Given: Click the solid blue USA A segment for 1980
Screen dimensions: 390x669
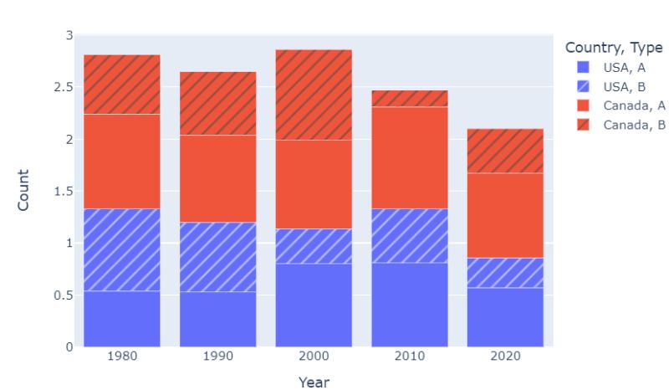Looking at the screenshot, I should [122, 318].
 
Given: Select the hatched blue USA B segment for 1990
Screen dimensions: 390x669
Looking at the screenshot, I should [217, 257].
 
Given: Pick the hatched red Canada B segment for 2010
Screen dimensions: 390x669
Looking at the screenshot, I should [410, 99].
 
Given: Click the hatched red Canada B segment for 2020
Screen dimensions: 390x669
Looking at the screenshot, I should [505, 151].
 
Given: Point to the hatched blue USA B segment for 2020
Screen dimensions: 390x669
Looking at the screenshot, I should [505, 273].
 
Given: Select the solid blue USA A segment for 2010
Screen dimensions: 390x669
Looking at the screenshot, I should [410, 305].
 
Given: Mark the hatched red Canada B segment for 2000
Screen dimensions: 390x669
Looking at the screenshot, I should [314, 95].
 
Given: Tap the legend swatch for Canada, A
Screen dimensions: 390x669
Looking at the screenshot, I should [583, 105].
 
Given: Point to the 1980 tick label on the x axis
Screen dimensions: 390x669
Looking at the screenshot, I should [122, 356].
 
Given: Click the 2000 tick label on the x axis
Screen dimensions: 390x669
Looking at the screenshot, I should [314, 356].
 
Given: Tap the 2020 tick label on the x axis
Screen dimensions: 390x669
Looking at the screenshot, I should [505, 356].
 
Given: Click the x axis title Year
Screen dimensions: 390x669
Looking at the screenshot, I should [314, 382].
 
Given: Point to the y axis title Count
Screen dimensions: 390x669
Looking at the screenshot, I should [23, 190].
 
